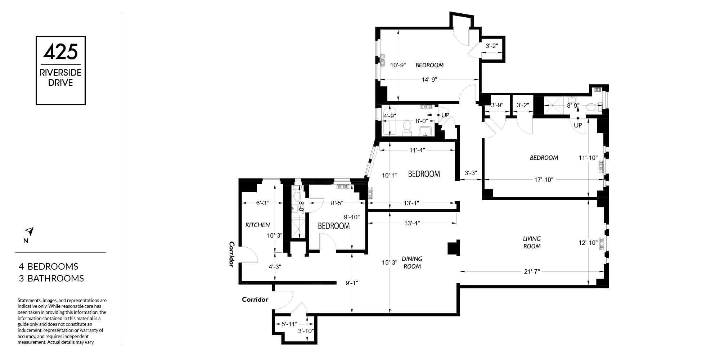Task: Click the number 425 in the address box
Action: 60,51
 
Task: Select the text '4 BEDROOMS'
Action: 49,266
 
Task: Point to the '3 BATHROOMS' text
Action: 51,278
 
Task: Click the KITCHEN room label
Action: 257,225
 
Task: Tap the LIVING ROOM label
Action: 532,242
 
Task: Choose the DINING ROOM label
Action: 412,262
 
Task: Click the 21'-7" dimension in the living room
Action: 532,271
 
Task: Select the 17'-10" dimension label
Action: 543,180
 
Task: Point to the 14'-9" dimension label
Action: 429,80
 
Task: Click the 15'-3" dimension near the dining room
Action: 390,262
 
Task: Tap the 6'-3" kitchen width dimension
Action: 262,203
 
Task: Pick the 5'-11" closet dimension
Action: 289,324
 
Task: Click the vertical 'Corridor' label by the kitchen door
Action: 231,254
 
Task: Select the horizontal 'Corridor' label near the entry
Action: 255,299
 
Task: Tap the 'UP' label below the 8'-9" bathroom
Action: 578,125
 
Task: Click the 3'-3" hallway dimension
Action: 471,173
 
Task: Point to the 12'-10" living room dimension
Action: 588,243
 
